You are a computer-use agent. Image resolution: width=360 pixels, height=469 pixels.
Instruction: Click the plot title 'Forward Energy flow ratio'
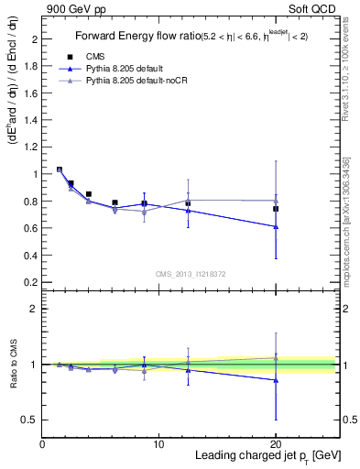(135, 37)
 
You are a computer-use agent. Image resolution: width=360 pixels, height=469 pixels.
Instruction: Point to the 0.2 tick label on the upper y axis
(29, 280)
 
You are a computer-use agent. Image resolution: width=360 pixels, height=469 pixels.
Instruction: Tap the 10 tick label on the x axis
(159, 444)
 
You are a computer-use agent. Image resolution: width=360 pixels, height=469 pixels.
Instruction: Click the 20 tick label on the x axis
(276, 444)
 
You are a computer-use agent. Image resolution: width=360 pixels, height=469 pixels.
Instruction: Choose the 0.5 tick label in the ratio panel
(29, 420)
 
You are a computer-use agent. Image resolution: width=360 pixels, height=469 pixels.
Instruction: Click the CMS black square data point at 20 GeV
(276, 209)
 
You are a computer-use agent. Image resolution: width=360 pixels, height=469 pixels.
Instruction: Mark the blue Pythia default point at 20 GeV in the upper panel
(276, 226)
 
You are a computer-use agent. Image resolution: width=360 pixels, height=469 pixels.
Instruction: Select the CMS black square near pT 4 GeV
(88, 194)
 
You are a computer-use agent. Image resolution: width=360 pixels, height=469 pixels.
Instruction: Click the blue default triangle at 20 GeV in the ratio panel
(276, 380)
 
